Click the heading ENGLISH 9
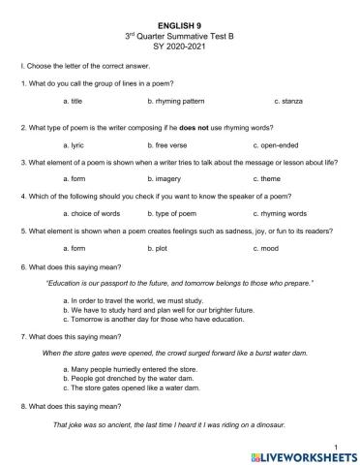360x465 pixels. click(179, 19)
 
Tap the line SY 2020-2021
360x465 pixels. click(179, 43)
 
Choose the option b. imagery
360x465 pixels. click(166, 178)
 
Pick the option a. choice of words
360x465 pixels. click(89, 212)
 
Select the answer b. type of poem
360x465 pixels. click(173, 212)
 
